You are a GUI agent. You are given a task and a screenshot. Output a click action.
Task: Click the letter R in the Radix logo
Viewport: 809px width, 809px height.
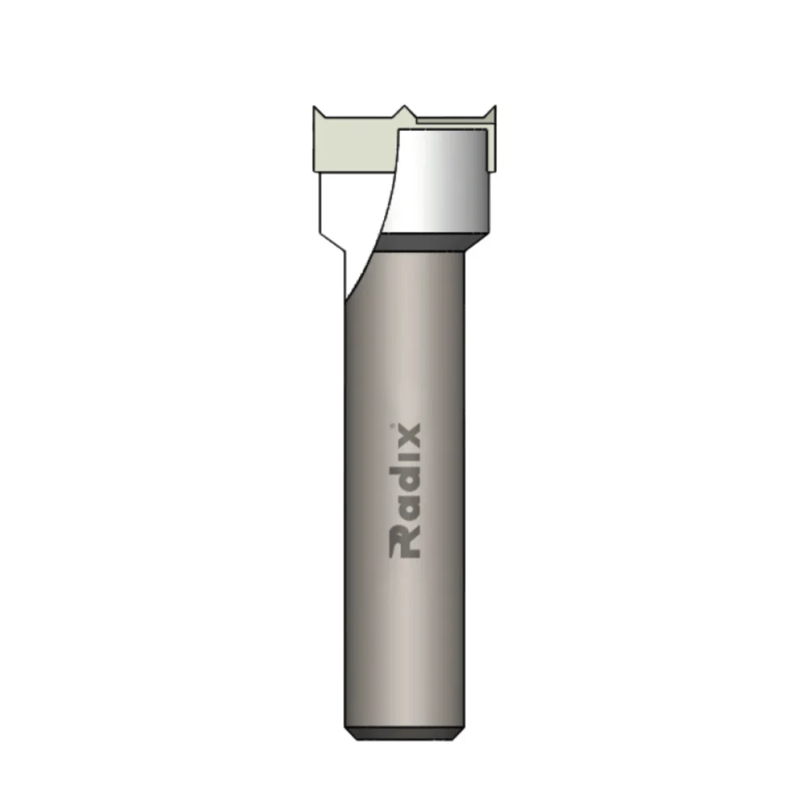pos(405,543)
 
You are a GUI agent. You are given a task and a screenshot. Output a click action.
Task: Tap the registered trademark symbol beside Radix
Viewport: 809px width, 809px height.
pos(393,426)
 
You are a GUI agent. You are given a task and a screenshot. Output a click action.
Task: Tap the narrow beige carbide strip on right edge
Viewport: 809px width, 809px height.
pos(491,150)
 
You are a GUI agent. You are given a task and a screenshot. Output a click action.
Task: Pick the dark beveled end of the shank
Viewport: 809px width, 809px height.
pos(402,735)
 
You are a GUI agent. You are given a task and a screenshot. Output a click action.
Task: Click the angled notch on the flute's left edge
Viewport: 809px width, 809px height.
pos(333,243)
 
